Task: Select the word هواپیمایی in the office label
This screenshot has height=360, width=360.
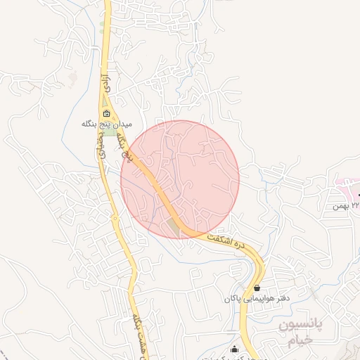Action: pos(258,299)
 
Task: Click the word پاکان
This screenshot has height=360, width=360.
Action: pos(233,299)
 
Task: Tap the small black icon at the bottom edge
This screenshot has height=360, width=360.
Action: pos(234,349)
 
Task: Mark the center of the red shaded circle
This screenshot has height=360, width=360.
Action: pos(180,179)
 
